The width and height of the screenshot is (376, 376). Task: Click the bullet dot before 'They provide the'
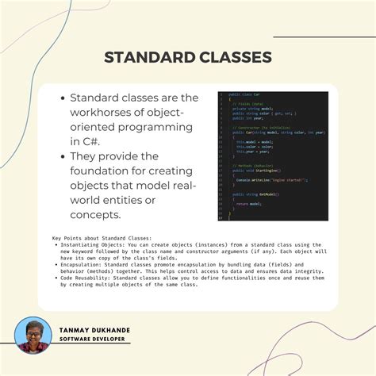(63, 156)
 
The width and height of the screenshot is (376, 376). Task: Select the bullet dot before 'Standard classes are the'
(63, 98)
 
